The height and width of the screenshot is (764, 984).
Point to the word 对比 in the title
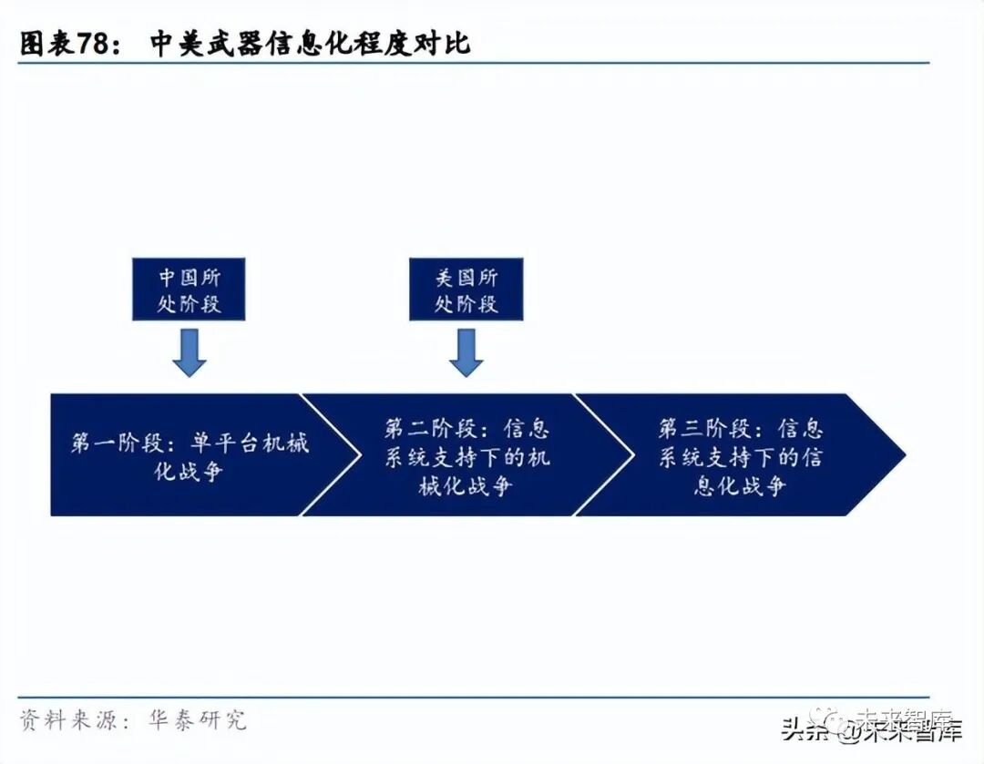447,43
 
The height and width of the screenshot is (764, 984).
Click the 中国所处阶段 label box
190,290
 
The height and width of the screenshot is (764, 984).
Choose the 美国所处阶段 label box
466,290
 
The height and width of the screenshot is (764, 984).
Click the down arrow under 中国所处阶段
190,352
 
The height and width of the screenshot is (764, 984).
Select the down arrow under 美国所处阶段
466,352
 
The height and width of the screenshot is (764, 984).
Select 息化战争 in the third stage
740,486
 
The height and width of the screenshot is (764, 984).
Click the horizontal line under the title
474,63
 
